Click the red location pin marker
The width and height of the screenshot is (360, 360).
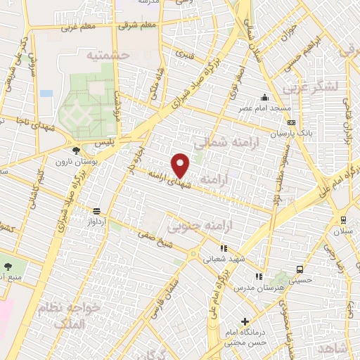point(181,165)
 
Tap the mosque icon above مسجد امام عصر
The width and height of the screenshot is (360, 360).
point(265,98)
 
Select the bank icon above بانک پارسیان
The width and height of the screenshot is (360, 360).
point(291,122)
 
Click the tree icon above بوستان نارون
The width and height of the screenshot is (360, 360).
point(77,150)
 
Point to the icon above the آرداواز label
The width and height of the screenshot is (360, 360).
point(96,211)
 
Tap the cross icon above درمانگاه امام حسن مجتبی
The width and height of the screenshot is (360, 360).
point(244,321)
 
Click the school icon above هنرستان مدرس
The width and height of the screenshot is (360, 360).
point(259,277)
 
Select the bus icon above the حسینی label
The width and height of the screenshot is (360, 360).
point(300,269)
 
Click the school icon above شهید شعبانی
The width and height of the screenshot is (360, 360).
point(224,248)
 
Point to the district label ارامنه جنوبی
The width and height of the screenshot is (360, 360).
point(193,225)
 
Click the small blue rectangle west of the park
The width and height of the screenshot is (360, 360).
point(46,93)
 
